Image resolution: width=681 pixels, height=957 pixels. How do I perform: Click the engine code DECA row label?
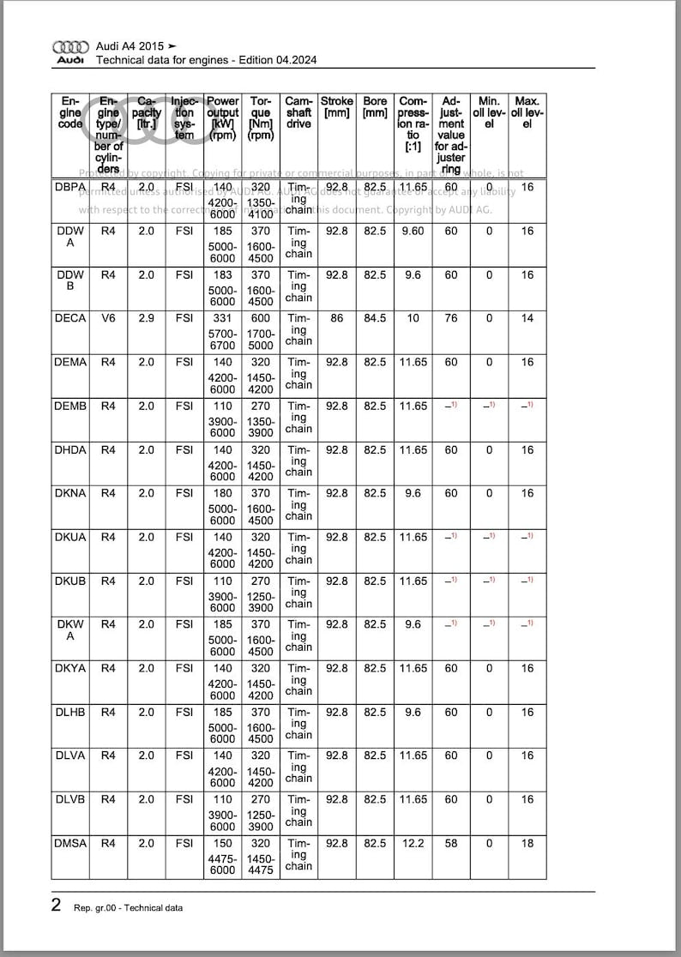[x=70, y=318]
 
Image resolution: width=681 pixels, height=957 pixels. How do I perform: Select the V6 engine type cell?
[x=108, y=318]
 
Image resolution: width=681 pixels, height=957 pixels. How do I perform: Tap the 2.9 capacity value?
[x=147, y=318]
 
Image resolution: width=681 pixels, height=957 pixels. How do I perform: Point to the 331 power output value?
[x=223, y=318]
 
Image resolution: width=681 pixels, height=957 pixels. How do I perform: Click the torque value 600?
[x=261, y=318]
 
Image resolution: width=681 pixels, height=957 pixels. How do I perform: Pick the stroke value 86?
[x=337, y=318]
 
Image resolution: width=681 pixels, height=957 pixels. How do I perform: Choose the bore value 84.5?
[x=375, y=318]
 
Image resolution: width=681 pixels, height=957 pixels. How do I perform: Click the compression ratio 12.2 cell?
[x=413, y=843]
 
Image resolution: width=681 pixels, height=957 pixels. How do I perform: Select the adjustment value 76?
[x=451, y=318]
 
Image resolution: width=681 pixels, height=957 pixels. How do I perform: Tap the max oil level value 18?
[x=527, y=843]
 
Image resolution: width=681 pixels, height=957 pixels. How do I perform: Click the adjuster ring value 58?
[x=451, y=843]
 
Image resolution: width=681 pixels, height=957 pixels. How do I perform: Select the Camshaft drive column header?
[x=298, y=112]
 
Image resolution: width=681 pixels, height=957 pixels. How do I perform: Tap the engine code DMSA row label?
[x=70, y=843]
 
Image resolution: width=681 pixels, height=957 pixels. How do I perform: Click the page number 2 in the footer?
[x=57, y=906]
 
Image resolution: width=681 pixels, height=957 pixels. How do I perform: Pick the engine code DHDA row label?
[x=70, y=449]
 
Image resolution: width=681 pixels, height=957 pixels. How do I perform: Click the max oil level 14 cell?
[x=527, y=318]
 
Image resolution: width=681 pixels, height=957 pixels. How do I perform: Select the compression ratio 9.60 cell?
[x=413, y=231]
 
